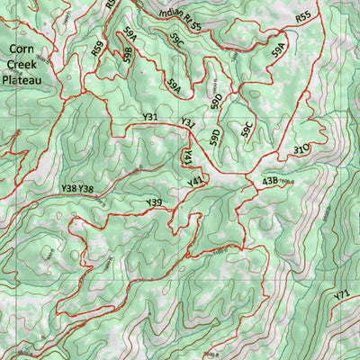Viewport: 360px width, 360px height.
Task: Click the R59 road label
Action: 97,49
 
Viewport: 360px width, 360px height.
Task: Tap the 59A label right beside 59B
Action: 131,37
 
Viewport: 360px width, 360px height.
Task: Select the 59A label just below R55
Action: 280,49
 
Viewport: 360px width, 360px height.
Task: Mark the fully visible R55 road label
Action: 303,17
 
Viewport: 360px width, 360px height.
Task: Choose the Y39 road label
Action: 154,203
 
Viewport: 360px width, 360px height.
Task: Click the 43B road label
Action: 270,181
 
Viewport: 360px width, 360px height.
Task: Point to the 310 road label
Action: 301,148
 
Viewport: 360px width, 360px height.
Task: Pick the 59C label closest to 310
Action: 246,130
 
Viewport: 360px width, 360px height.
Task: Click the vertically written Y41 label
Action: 188,157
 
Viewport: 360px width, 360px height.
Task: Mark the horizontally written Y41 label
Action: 195,183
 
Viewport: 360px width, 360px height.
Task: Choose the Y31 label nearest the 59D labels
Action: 188,122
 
